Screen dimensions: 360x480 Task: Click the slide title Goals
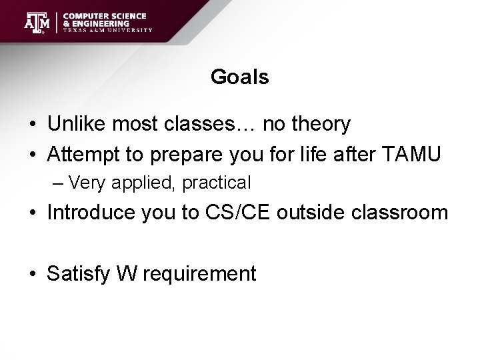(239, 78)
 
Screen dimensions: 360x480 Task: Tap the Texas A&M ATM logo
(37, 22)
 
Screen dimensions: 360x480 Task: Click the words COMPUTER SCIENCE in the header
(105, 15)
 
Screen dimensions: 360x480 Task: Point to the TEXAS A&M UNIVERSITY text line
(108, 30)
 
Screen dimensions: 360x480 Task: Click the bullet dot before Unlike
(33, 125)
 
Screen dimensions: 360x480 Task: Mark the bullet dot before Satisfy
(33, 274)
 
